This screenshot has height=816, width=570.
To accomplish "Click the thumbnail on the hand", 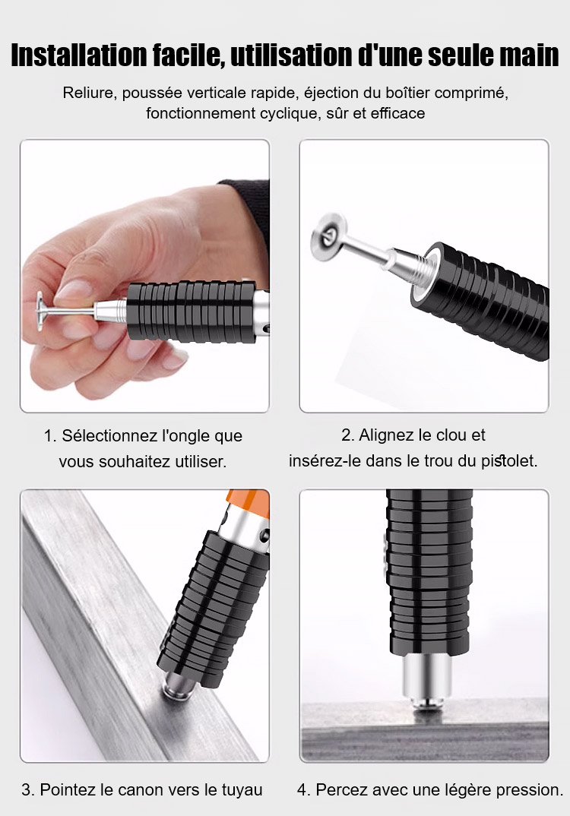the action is coord(72,289).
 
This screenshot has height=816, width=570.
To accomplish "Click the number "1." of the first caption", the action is coord(50,435).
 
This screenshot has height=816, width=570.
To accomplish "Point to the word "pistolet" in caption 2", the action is coord(508,460).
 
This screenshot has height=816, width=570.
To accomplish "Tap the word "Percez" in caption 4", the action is coord(340,789).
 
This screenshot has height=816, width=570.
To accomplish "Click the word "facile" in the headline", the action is coord(188,55).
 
